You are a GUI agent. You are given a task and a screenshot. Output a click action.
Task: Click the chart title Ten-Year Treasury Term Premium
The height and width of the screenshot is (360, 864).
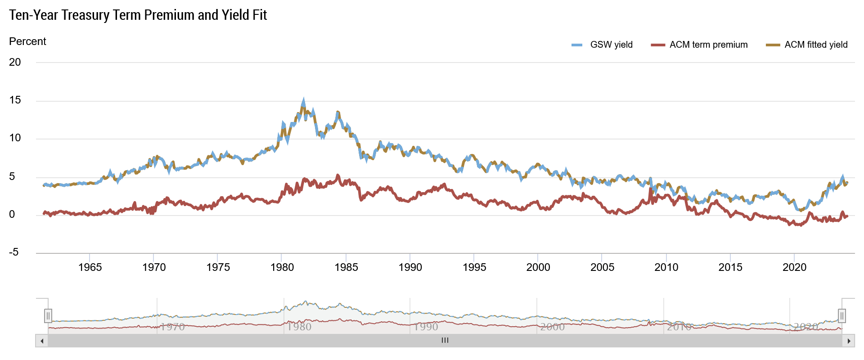point(138,15)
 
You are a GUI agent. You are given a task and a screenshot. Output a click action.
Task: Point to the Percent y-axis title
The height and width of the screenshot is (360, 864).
point(27,41)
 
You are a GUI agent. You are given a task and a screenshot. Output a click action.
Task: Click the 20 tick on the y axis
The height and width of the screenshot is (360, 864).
point(15,62)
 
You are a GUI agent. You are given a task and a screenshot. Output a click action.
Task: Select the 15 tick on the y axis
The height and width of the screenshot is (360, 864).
point(15,100)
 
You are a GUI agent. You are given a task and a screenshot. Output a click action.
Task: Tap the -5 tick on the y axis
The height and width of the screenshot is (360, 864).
point(14,252)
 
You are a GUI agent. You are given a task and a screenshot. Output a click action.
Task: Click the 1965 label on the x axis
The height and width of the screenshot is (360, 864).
point(90,267)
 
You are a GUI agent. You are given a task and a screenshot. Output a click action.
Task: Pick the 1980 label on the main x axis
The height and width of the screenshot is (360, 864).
point(282,267)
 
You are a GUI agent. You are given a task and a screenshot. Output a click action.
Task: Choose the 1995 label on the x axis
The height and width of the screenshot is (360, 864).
point(474,267)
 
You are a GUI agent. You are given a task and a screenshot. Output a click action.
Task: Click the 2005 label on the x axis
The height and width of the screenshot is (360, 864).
point(602,267)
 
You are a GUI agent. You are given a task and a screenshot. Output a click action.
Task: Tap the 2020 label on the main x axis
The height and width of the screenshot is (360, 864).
point(794,267)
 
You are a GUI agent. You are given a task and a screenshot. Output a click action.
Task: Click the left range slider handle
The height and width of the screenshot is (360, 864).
point(48,316)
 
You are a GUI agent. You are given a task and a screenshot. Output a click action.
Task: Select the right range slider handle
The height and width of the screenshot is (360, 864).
point(842,316)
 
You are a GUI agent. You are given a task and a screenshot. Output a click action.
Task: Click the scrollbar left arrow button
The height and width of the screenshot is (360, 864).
point(42,341)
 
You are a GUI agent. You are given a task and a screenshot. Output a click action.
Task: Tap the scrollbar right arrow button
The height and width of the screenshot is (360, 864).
point(848,341)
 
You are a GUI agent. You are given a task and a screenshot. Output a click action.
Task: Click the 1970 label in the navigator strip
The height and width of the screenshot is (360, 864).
point(172,327)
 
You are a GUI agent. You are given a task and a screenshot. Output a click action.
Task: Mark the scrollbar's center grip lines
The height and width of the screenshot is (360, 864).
point(445,341)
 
